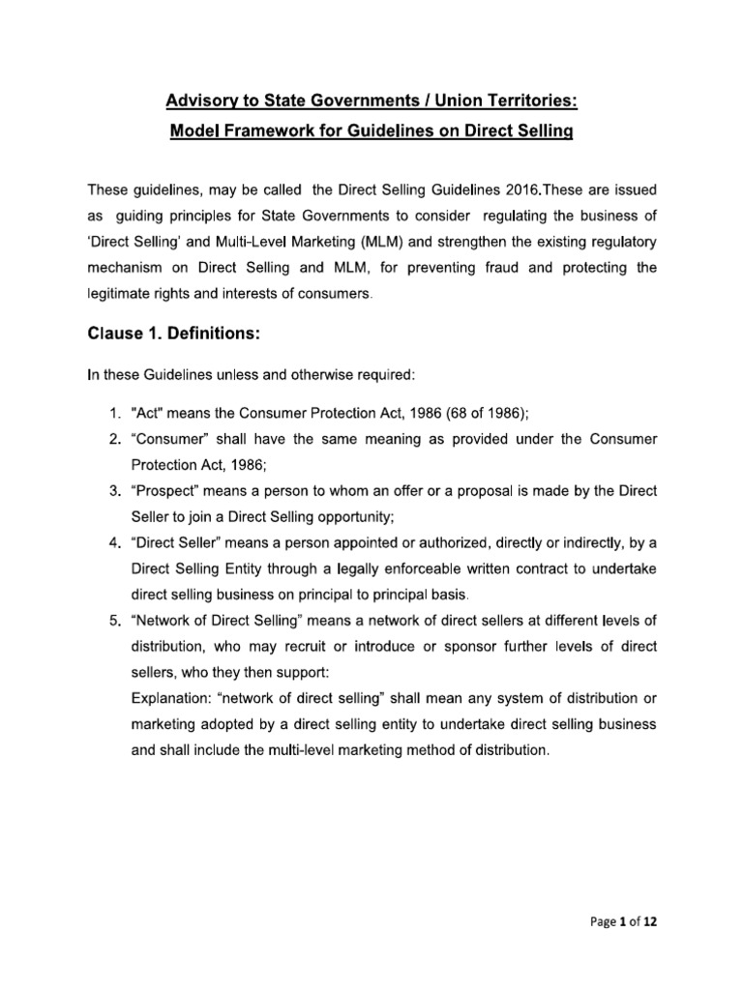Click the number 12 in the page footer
(x=650, y=922)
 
